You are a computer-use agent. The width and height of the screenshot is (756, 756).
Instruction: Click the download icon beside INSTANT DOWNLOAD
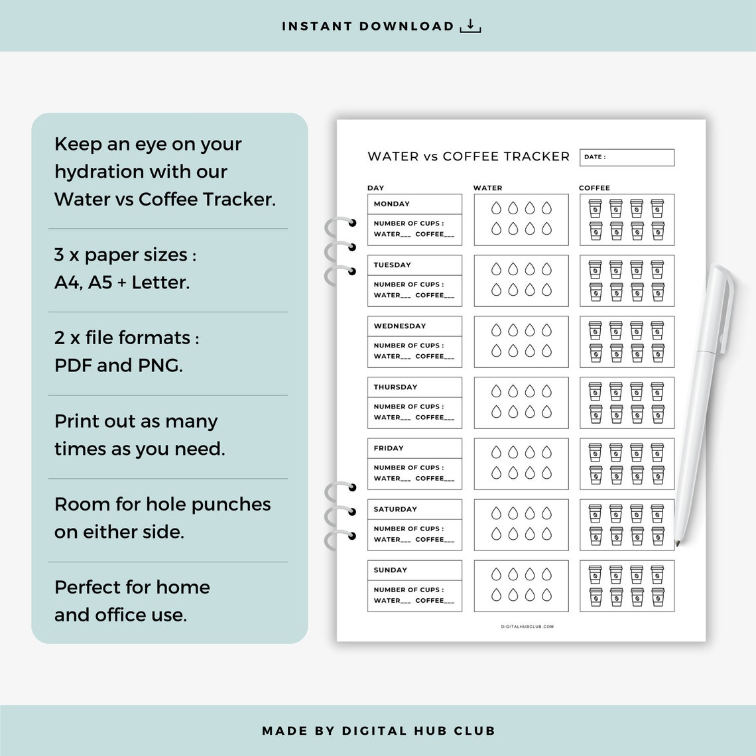[470, 27]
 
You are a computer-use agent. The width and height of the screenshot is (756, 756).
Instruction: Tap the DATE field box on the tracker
[627, 157]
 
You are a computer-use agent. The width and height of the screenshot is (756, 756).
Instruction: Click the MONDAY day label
[392, 204]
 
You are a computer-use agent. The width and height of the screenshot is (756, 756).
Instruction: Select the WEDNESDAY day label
[400, 326]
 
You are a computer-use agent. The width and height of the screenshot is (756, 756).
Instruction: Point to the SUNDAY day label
[391, 570]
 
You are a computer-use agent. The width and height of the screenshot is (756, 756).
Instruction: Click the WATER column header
[487, 188]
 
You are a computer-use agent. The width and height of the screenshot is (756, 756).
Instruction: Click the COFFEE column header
[594, 188]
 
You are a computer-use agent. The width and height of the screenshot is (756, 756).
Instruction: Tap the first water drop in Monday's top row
[495, 209]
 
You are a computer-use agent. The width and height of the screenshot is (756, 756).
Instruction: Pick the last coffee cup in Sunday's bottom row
[657, 597]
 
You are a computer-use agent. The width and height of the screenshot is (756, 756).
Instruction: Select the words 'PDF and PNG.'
[119, 365]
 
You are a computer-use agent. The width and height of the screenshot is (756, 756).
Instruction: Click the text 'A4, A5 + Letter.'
[122, 283]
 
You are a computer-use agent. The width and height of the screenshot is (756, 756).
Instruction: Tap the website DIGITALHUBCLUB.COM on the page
[527, 627]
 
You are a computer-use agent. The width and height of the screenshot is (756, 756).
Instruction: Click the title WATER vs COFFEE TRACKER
[468, 157]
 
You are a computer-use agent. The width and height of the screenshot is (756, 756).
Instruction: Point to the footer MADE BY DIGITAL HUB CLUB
[378, 731]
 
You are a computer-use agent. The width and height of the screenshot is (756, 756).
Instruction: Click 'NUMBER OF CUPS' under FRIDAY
[409, 468]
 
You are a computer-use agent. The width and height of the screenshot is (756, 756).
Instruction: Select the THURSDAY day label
[395, 387]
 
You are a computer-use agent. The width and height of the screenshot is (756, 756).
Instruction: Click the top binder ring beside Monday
[340, 224]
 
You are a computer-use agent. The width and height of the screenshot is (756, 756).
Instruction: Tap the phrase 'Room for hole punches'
[162, 504]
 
